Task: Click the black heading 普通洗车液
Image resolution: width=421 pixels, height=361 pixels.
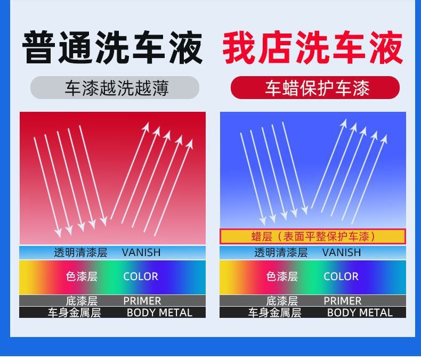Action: [112, 48]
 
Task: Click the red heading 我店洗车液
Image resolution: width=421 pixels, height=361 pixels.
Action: [313, 48]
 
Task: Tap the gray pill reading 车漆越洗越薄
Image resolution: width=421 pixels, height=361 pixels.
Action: [115, 88]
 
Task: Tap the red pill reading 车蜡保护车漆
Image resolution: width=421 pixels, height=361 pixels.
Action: [315, 88]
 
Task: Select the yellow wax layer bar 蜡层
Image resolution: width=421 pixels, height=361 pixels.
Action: [313, 236]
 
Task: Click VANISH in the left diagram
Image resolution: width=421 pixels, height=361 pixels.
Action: [141, 252]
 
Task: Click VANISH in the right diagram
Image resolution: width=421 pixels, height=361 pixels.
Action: [342, 252]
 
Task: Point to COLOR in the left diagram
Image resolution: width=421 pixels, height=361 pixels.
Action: [141, 276]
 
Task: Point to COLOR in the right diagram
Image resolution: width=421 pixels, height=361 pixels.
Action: [341, 276]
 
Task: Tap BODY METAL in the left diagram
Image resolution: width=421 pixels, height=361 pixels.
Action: [159, 313]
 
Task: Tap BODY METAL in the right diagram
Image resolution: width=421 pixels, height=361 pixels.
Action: [360, 313]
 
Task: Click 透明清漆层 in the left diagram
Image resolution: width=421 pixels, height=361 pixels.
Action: [80, 252]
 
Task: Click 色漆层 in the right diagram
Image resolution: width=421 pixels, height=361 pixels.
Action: [282, 276]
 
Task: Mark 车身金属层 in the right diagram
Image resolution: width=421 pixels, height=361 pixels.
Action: [274, 313]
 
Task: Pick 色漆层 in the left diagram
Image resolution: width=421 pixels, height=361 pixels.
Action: [82, 276]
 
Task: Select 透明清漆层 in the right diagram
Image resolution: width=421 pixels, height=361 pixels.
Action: [281, 252]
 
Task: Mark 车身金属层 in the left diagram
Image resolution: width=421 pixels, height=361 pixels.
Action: [74, 313]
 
